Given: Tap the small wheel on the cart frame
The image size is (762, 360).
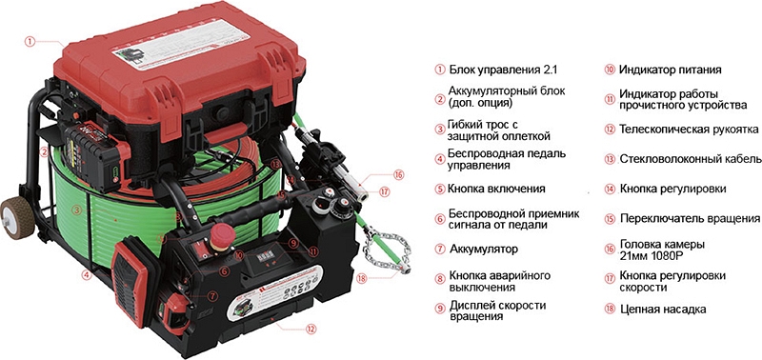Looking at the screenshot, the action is [x=16, y=217].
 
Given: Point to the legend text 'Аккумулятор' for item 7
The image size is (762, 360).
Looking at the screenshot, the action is [x=484, y=249].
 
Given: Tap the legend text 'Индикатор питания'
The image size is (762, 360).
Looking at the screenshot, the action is [x=670, y=70].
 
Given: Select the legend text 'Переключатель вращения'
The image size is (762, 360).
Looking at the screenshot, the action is [x=690, y=219].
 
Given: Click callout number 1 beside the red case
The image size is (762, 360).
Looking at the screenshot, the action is [x=30, y=42].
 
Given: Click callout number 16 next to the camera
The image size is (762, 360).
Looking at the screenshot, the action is [x=398, y=174].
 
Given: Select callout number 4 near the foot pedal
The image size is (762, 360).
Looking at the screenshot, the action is [x=86, y=275].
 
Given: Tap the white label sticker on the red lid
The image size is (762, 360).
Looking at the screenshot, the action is [x=182, y=46].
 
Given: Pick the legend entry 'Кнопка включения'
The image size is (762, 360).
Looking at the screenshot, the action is [x=496, y=189].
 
